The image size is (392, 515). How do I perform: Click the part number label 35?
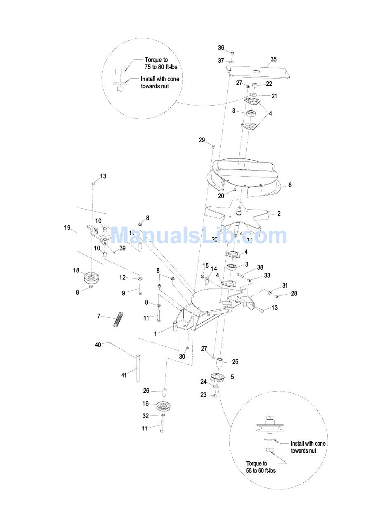pos(273,59)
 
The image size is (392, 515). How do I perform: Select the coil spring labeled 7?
pos(119,320)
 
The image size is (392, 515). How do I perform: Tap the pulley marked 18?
pos(92,279)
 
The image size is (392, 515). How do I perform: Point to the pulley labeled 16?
pos(163,406)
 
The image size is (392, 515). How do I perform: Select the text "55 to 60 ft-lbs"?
pos(261,470)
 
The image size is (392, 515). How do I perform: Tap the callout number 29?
pos(201,140)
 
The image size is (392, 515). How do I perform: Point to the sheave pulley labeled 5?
pos(218,377)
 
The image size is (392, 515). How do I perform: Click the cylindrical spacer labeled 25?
pos(220,364)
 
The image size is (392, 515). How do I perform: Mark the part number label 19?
pos(67,227)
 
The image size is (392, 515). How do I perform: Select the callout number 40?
pos(98,345)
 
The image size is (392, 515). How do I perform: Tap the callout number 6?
pos(290,185)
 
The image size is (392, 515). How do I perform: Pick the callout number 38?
pos(260,267)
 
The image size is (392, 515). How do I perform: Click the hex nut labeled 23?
pos(215,396)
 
